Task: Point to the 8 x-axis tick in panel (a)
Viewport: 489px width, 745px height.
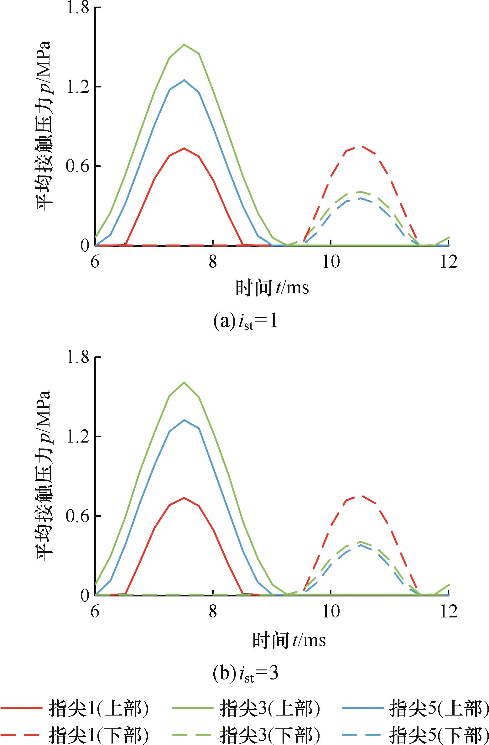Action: (213, 261)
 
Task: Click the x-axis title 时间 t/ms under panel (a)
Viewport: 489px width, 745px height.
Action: (272, 288)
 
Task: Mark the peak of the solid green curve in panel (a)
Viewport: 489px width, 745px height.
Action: (184, 45)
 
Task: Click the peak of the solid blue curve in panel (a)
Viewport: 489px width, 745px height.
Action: (184, 80)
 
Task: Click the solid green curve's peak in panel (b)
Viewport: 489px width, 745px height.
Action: (184, 382)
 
